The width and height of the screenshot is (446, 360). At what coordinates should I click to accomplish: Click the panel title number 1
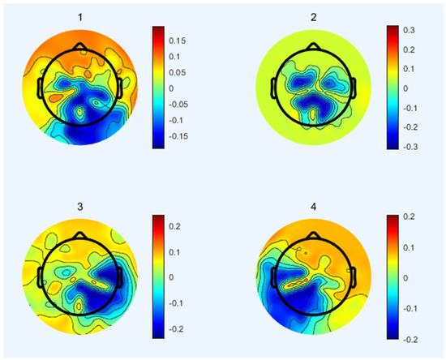(x=79, y=15)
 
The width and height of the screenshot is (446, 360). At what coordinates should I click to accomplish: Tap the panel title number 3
(x=79, y=207)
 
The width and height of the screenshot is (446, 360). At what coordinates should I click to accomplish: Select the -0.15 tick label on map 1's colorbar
(x=179, y=136)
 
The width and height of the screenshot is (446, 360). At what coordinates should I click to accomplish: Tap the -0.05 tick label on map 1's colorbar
(x=179, y=105)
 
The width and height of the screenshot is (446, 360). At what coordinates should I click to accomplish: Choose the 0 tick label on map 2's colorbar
(x=408, y=88)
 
